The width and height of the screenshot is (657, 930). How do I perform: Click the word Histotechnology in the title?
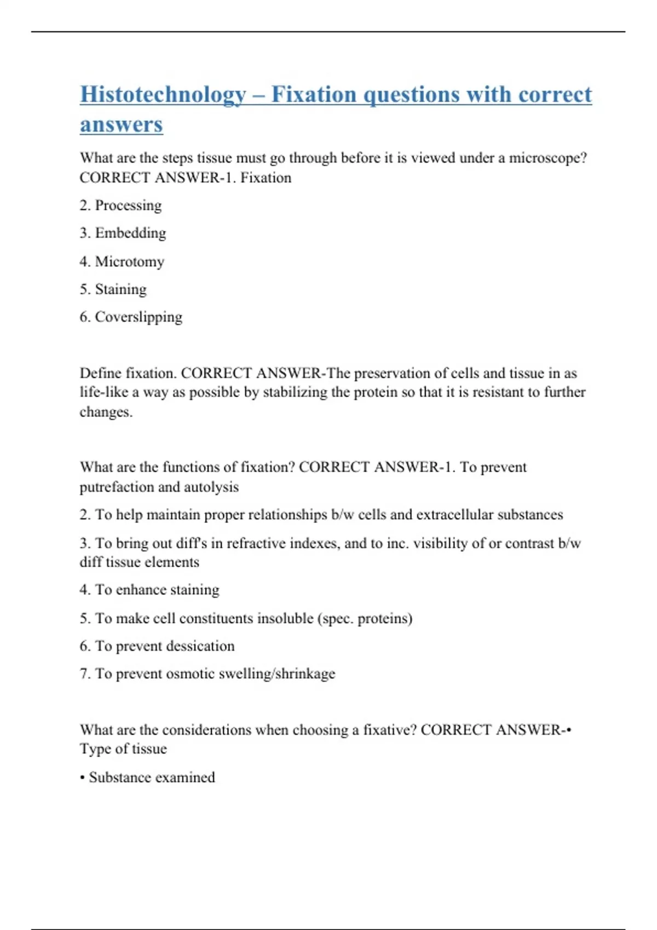(163, 95)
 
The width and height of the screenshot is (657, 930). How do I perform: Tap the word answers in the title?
(121, 125)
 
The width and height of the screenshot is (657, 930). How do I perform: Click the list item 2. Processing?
(120, 206)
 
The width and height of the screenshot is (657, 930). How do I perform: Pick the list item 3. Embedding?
(123, 233)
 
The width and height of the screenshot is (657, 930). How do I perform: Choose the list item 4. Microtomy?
(122, 261)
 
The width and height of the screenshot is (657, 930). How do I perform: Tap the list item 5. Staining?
(113, 289)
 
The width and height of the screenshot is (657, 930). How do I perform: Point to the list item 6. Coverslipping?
(131, 317)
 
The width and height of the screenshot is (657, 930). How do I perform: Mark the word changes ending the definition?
(106, 412)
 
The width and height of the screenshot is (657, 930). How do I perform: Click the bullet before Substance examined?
(82, 778)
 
